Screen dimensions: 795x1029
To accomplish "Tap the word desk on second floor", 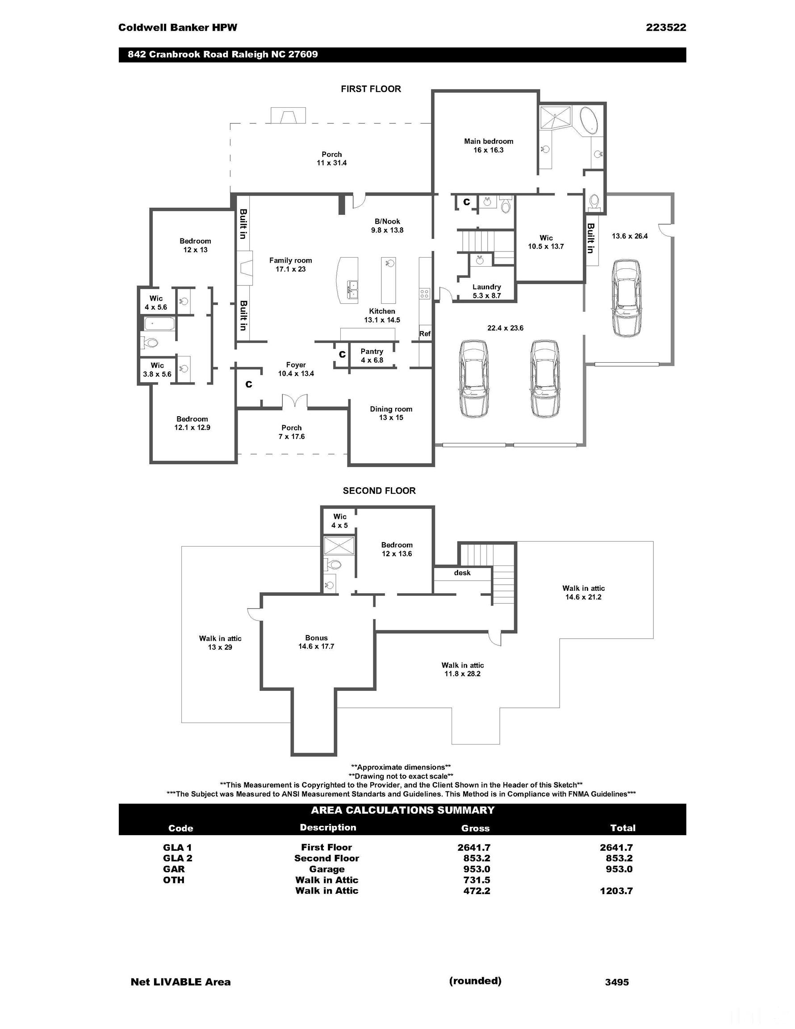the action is (462, 573).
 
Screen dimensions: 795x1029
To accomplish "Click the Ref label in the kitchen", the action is (425, 334).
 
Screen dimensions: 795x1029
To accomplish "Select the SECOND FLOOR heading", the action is (379, 491).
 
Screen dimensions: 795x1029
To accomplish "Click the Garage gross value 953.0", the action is (477, 869).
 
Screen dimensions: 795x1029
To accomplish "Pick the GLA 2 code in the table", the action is (177, 858).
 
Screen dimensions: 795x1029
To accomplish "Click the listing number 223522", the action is (666, 27).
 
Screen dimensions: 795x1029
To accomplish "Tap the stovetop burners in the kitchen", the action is (424, 294).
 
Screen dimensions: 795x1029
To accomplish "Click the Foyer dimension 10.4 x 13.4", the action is (296, 374).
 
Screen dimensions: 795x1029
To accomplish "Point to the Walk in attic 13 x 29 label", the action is (220, 643).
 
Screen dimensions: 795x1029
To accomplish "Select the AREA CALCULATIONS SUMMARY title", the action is (402, 810).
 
